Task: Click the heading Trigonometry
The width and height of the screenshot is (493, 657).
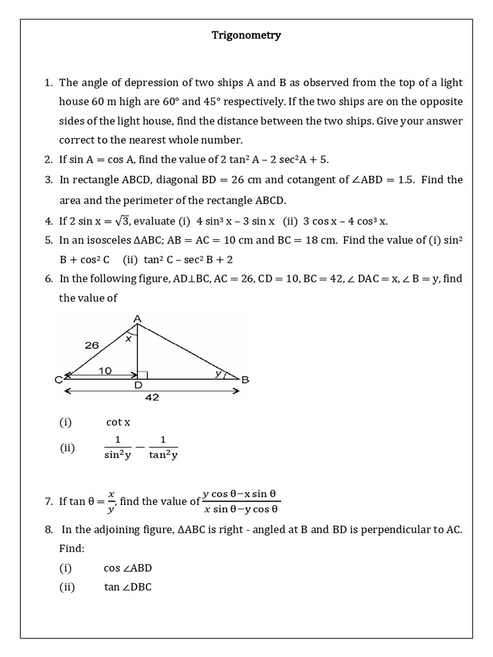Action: click(x=246, y=35)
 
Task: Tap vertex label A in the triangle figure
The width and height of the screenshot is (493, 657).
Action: click(x=137, y=318)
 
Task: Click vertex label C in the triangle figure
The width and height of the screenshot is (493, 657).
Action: click(x=58, y=380)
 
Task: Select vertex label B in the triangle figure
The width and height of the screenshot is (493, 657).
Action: click(x=245, y=380)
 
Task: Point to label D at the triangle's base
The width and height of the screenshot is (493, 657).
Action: click(x=137, y=386)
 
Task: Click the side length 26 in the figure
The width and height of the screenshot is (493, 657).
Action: click(x=91, y=345)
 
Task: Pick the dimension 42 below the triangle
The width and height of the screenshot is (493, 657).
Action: click(x=151, y=397)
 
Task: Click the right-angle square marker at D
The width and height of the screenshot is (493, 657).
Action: click(x=142, y=375)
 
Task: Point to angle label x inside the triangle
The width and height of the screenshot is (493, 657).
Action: click(x=128, y=338)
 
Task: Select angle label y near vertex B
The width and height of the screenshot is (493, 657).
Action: click(x=218, y=373)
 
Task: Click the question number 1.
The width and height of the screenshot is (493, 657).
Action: click(x=48, y=83)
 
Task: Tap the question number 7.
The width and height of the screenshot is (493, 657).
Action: click(x=48, y=502)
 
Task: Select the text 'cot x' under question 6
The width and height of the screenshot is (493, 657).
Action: click(x=118, y=422)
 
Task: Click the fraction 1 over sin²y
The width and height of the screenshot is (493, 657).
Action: click(x=117, y=448)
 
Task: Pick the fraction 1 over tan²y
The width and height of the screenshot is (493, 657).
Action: click(x=162, y=448)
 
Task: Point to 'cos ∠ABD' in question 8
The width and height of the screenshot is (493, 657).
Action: click(x=128, y=568)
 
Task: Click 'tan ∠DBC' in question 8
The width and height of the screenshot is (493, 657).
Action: click(x=128, y=587)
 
